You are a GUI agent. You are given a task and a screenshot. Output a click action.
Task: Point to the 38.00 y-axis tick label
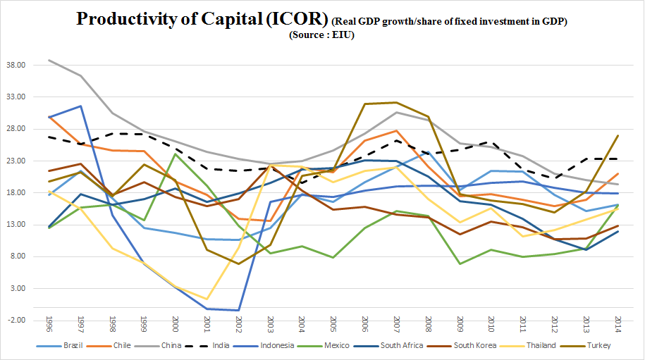click(x=16, y=66)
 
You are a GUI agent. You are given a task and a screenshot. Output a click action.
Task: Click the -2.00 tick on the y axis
click(x=16, y=321)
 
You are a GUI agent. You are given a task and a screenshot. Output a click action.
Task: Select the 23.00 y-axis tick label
click(x=16, y=161)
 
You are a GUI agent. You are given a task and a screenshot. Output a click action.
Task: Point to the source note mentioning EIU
click(x=321, y=35)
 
